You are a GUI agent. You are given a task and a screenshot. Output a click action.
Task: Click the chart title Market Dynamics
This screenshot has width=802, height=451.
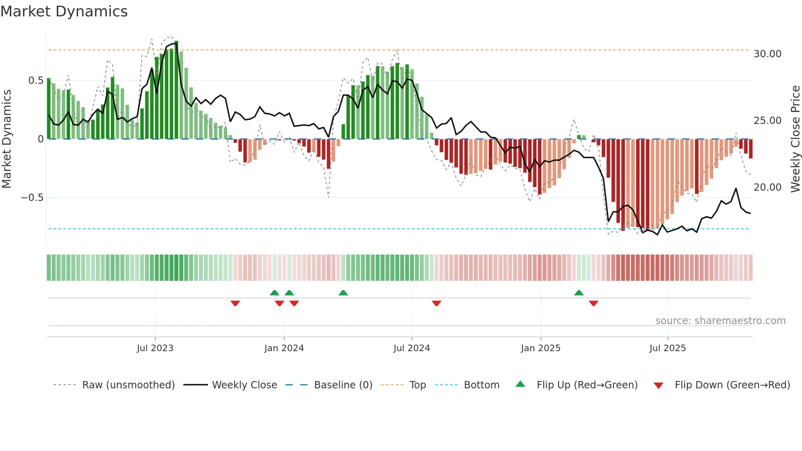coord(64,11)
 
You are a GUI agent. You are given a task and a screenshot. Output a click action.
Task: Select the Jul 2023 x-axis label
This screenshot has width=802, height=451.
coord(155,348)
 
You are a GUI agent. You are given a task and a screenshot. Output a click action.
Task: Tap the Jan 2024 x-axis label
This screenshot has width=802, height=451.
coord(284,348)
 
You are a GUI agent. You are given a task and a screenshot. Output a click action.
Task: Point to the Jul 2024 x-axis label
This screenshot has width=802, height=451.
coord(412,348)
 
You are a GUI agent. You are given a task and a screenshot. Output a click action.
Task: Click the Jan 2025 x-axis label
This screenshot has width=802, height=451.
coord(541,348)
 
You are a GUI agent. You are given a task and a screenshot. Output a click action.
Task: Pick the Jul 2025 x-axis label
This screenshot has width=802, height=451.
coord(667,348)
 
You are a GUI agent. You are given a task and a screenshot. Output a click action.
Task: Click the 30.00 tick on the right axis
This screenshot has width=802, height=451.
coord(767,54)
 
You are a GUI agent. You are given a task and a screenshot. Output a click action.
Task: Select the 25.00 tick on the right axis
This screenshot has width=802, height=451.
coord(767,121)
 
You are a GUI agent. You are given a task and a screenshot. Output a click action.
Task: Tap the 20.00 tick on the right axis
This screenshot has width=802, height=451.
coord(767,187)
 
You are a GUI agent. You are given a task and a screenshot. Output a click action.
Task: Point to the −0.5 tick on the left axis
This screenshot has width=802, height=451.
coord(32,198)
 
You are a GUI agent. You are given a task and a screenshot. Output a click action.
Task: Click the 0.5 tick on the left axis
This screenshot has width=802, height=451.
coord(36,81)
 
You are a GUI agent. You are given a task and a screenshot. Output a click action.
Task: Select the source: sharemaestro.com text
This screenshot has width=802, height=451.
coord(720,321)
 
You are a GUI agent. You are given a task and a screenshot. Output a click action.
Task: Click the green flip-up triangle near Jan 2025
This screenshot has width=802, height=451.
coord(579,293)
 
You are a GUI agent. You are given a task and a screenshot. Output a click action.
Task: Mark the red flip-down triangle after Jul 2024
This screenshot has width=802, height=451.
coord(436,303)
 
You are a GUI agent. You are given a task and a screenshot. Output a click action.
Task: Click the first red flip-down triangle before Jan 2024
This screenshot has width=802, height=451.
coord(235,303)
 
